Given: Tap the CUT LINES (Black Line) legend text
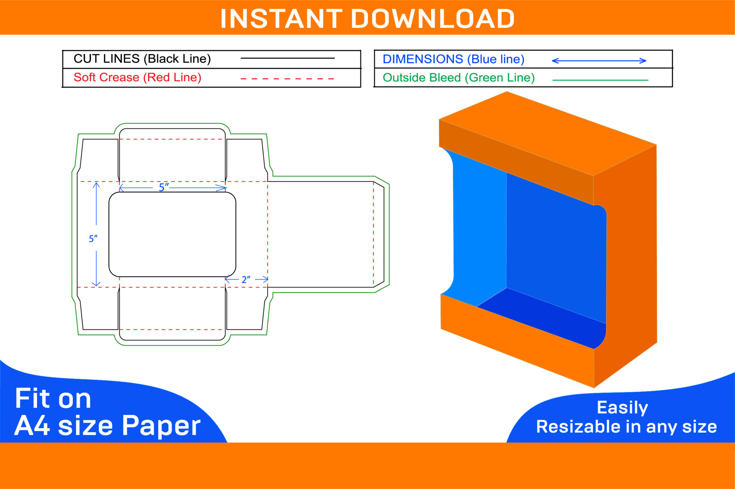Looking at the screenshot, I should click(142, 59).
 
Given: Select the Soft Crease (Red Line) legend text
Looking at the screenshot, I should click(137, 77).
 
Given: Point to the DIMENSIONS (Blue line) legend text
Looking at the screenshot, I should click(453, 59).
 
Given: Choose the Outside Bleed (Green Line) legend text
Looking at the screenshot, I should click(458, 78).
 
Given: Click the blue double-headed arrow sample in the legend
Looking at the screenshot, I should click(599, 61).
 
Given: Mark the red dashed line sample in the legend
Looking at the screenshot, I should click(287, 79).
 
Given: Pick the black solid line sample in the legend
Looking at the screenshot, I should click(287, 58).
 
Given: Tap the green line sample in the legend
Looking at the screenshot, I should click(600, 80).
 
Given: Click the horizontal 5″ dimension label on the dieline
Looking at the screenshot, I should click(164, 187).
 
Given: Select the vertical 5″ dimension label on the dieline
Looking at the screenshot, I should click(93, 239).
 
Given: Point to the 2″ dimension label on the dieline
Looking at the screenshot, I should click(246, 280).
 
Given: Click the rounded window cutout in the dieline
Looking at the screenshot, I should click(172, 234).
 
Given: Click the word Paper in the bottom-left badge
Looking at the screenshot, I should click(161, 425).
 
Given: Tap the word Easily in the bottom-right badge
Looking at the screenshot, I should click(622, 407).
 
